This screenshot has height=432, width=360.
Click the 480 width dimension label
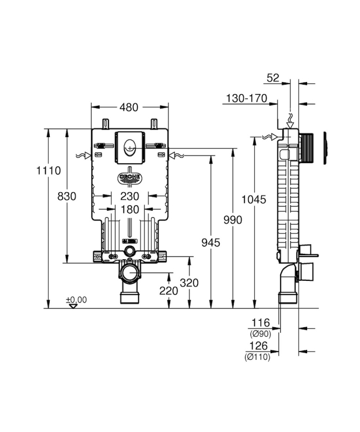pyautogui.click(x=129, y=107)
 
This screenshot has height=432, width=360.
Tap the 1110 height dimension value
pyautogui.click(x=49, y=171)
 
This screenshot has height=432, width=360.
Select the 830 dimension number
pyautogui.click(x=66, y=197)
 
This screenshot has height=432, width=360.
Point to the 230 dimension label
pyautogui.click(x=130, y=196)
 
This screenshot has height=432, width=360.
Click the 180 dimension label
pyautogui.click(x=130, y=210)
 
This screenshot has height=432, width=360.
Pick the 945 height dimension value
pyautogui.click(x=210, y=242)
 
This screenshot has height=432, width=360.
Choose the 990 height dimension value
pyautogui.click(x=233, y=220)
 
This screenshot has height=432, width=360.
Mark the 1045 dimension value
pyautogui.click(x=254, y=199)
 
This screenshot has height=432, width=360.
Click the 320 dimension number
pyautogui.click(x=189, y=282)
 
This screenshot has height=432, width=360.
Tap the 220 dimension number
pyautogui.click(x=168, y=291)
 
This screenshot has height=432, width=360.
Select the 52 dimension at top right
pyautogui.click(x=273, y=78)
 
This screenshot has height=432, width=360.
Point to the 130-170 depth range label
pyautogui.click(x=247, y=98)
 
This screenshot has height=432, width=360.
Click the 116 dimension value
pyautogui.click(x=261, y=322)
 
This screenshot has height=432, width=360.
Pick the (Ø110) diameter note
pyautogui.click(x=257, y=357)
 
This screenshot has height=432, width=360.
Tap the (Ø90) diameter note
pyautogui.click(x=260, y=334)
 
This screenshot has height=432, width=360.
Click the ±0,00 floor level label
pyautogui.click(x=76, y=300)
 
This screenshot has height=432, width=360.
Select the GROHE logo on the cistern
pyautogui.click(x=130, y=178)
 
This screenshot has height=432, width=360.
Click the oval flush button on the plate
pyautogui.click(x=130, y=147)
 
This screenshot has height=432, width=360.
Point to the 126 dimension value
pyautogui.click(x=259, y=346)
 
